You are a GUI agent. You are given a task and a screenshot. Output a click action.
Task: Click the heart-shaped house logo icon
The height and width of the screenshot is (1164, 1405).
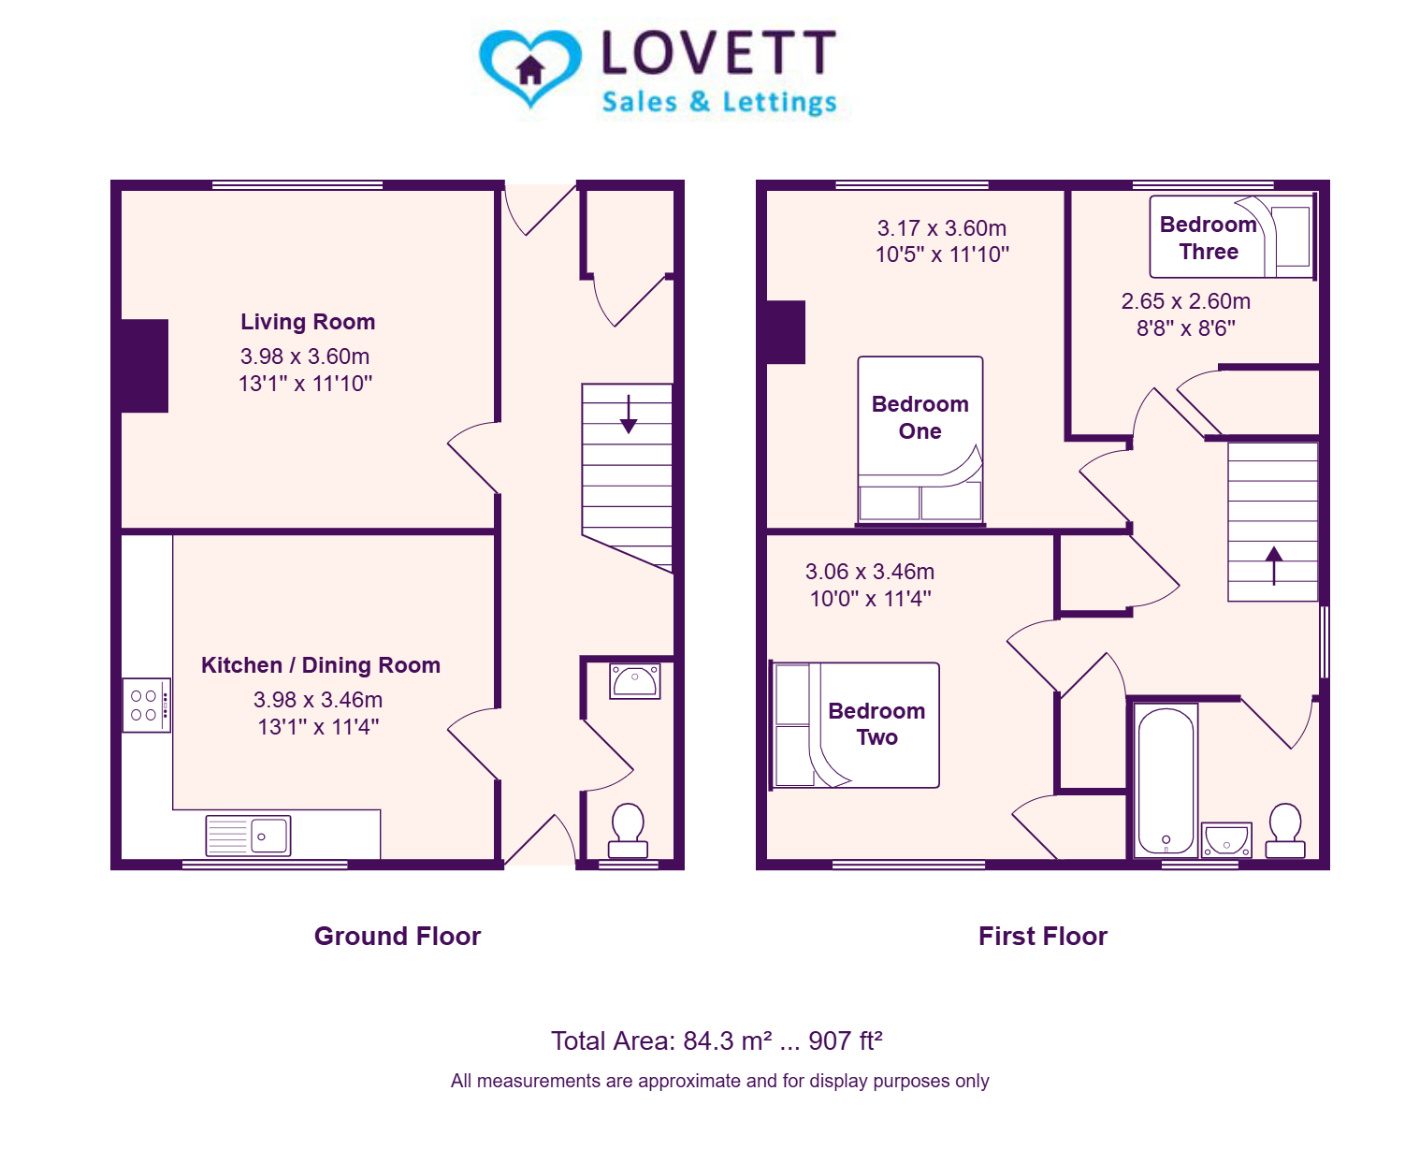[x=529, y=67]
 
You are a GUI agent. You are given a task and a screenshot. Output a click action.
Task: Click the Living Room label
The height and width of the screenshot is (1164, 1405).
[x=308, y=322]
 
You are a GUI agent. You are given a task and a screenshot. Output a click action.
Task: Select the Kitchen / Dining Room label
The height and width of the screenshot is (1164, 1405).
[x=320, y=665]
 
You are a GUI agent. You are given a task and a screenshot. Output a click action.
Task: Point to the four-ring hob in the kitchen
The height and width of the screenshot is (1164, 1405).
[x=147, y=705]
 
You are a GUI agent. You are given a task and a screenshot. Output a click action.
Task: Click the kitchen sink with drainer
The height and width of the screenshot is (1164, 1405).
[x=248, y=836]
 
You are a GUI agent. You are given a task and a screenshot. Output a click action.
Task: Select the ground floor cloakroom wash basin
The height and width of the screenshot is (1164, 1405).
[x=634, y=680]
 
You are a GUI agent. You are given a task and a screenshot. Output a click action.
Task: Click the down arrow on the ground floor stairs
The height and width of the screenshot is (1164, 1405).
[x=629, y=414]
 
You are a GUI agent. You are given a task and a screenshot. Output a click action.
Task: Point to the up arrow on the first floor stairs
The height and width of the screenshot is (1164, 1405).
[x=1273, y=565]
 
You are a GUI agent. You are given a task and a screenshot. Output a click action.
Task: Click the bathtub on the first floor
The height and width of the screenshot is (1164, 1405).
[x=1166, y=780]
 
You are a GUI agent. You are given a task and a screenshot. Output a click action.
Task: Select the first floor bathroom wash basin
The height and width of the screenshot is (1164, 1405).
[x=1226, y=839]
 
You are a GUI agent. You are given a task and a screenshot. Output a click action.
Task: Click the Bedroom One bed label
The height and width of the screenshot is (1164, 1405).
[x=920, y=417]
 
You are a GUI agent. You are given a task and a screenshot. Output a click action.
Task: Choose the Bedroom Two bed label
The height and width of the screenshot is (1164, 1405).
[x=876, y=723]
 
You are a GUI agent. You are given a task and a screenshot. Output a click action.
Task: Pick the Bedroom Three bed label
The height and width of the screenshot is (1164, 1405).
[x=1209, y=238]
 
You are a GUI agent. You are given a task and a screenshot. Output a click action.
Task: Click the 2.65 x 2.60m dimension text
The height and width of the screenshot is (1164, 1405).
[x=1185, y=301]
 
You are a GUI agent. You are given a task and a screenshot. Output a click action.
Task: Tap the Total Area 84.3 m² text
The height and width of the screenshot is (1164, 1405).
[x=717, y=1040]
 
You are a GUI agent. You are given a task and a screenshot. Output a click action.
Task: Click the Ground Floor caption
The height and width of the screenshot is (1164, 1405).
[x=397, y=937]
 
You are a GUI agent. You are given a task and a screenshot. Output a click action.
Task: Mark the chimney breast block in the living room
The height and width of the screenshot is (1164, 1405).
[x=144, y=366]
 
